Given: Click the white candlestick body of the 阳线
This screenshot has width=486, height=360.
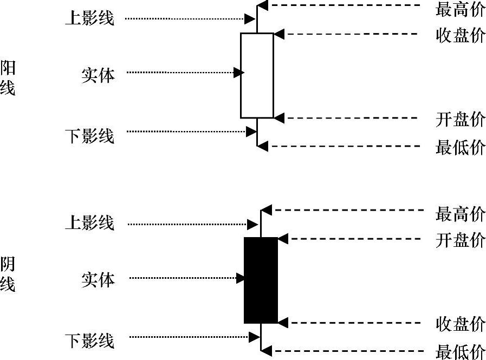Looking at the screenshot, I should tap(257, 75).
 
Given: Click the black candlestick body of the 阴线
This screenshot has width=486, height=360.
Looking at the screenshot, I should tap(261, 280).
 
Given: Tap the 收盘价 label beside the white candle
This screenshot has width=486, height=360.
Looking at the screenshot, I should tap(460, 35).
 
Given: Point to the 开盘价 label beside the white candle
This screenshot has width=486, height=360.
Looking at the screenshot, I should tap(460, 119).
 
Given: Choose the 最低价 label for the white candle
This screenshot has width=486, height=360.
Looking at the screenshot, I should tap(460, 147).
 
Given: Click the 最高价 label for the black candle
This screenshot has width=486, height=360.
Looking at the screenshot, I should tap(460, 214).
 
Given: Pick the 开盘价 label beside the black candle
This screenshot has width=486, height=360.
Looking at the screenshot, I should tap(460, 240).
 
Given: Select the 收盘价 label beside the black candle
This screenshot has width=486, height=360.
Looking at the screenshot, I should tap(460, 324).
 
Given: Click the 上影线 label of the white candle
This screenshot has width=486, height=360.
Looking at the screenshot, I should tap(89, 18).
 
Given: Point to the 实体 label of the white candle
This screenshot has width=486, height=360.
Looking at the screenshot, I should tap(98, 75).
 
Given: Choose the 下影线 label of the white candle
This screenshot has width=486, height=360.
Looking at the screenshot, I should tap(89, 135).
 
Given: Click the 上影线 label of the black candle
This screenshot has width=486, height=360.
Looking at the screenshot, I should tap(89, 222).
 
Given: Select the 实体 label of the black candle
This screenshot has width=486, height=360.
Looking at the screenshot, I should tap(98, 279).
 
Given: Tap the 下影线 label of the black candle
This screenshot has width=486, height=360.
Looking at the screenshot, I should tap(89, 341).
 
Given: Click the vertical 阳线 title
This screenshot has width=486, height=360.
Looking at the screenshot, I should tap(8, 77).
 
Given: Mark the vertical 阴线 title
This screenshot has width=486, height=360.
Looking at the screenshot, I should tap(8, 274).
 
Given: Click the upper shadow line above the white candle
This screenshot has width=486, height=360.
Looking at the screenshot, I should tap(257, 21).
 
